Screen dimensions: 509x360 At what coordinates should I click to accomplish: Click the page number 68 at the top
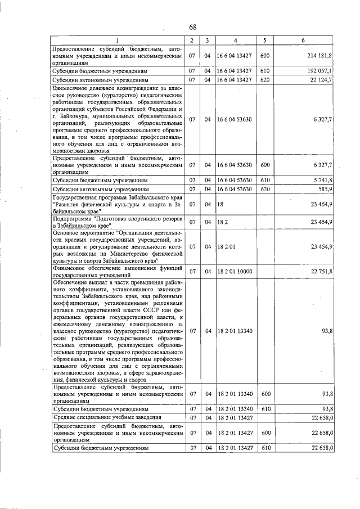coord(192,27)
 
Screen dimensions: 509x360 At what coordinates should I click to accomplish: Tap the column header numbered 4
coord(236,40)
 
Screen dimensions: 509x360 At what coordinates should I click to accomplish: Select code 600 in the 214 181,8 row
coord(265,56)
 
